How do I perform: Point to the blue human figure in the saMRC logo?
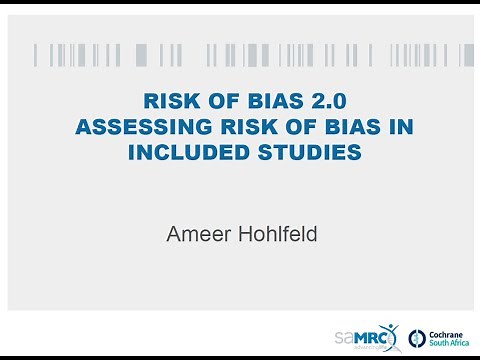point(392,332)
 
